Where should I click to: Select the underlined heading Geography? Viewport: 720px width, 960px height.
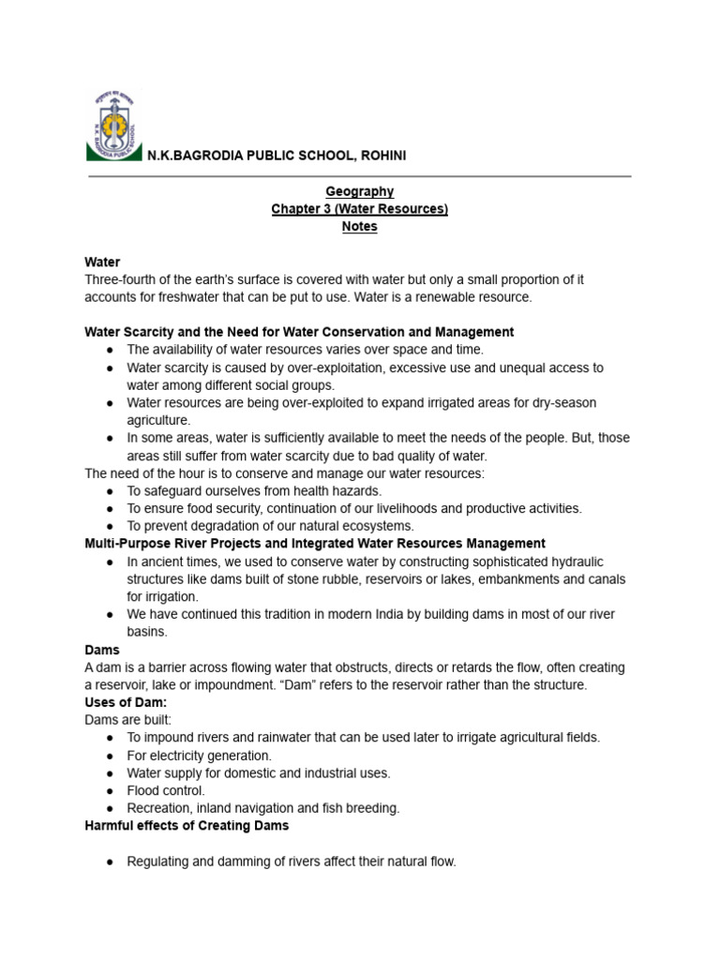pyautogui.click(x=359, y=191)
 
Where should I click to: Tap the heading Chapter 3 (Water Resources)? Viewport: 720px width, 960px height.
pyautogui.click(x=359, y=209)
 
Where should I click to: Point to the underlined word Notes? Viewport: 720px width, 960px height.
pyautogui.click(x=359, y=227)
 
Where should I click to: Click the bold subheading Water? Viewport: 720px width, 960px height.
pyautogui.click(x=102, y=262)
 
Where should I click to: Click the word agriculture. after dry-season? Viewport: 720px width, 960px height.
pyautogui.click(x=158, y=420)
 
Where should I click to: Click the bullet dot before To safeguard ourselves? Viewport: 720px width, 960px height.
pyautogui.click(x=111, y=491)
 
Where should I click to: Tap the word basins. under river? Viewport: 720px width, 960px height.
pyautogui.click(x=146, y=632)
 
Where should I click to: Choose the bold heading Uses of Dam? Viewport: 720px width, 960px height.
pyautogui.click(x=126, y=702)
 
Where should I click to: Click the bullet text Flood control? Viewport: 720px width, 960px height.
pyautogui.click(x=166, y=790)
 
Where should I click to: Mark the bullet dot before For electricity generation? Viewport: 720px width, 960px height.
pyautogui.click(x=111, y=756)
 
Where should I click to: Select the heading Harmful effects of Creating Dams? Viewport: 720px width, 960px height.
pyautogui.click(x=187, y=826)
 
